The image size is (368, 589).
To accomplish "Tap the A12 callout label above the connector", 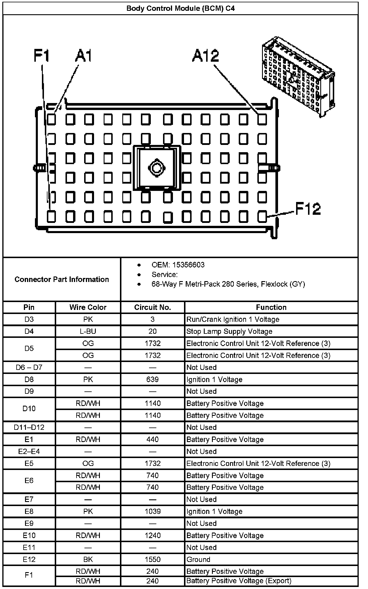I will coord(205,56).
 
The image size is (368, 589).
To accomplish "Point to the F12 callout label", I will coord(308,209).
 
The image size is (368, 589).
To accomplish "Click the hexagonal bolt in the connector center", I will coord(157,168).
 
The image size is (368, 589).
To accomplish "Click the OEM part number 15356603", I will coord(188,265).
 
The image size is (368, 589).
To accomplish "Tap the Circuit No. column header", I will coord(153,307).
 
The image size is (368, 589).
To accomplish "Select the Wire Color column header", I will coord(88,307).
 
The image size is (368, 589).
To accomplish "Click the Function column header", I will coord(271,307).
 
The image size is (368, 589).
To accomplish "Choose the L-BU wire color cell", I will coord(88,331).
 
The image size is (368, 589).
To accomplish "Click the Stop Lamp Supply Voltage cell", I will coord(229,331).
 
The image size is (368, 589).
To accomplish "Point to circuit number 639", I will coord(153,379).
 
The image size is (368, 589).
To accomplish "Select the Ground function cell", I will coord(198,559).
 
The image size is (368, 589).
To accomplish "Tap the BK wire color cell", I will coord(88,559).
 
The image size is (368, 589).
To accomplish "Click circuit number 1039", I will coord(153,511).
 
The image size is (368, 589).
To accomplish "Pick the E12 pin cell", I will coord(29,559).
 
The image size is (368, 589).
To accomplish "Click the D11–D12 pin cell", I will coord(29,427).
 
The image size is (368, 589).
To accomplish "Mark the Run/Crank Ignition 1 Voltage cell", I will coord(233,320).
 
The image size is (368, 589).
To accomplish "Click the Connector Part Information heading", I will coord(62,279).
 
